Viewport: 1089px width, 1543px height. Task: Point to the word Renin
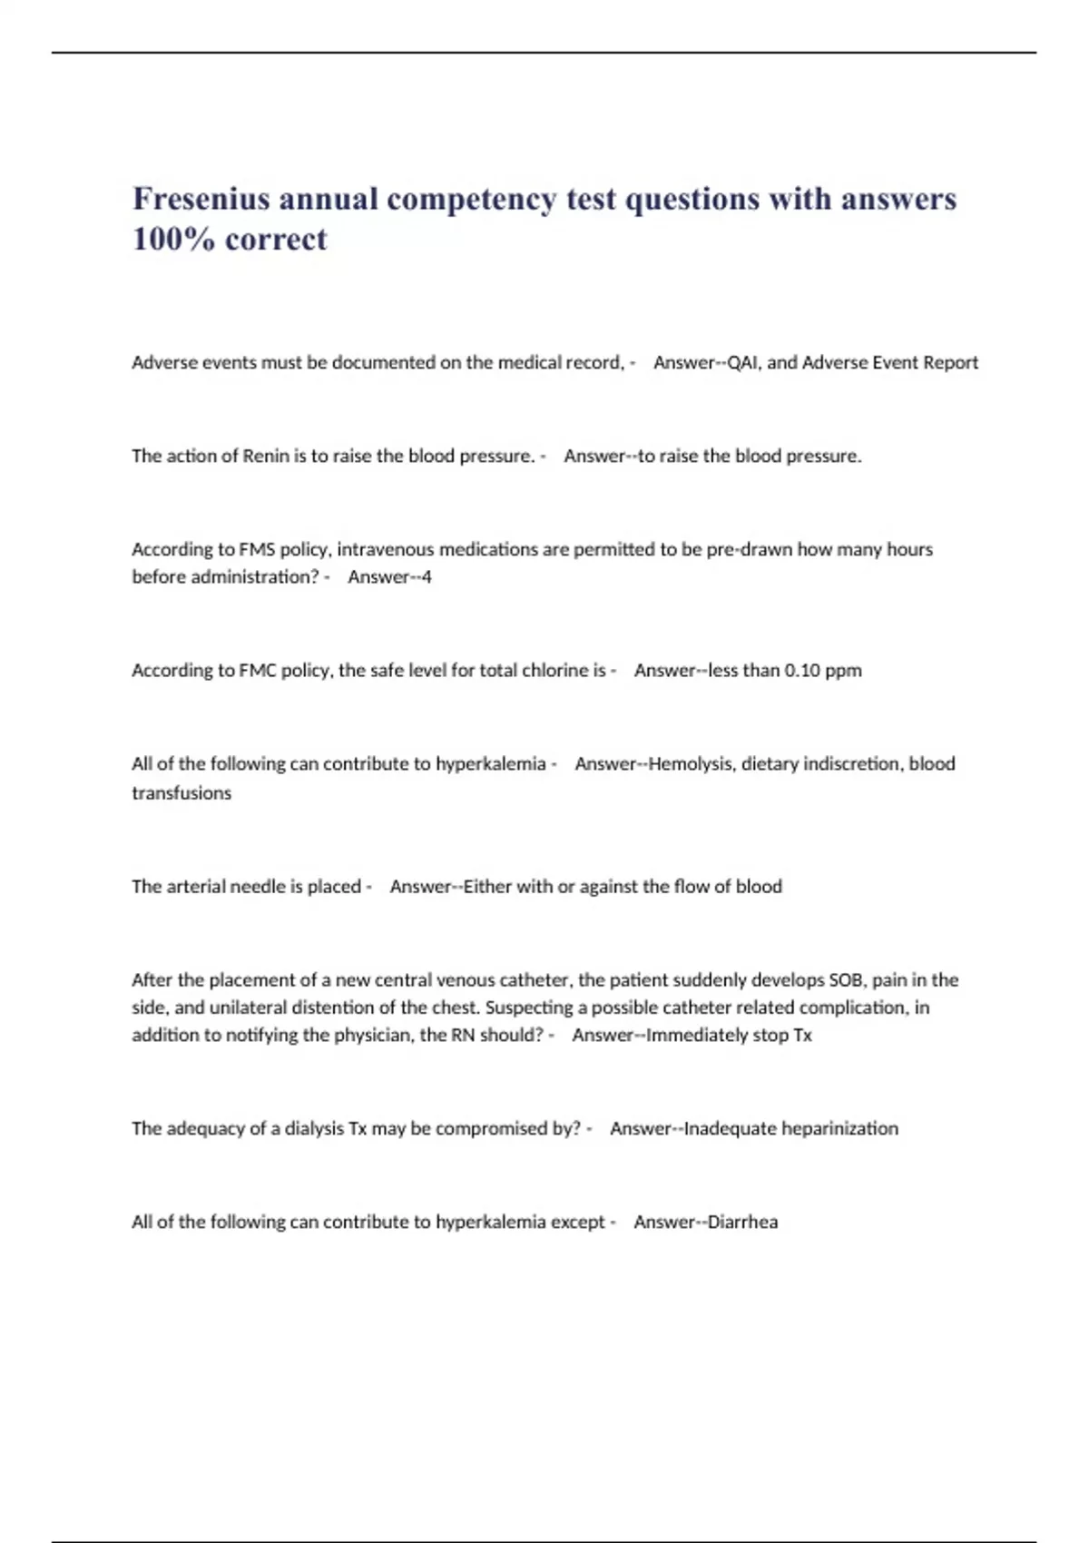pos(265,456)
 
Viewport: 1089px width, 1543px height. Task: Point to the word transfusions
pos(181,792)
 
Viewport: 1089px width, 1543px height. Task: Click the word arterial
pos(197,886)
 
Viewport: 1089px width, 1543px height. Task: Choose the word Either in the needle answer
pos(487,886)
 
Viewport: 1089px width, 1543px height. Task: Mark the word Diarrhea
pos(741,1222)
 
